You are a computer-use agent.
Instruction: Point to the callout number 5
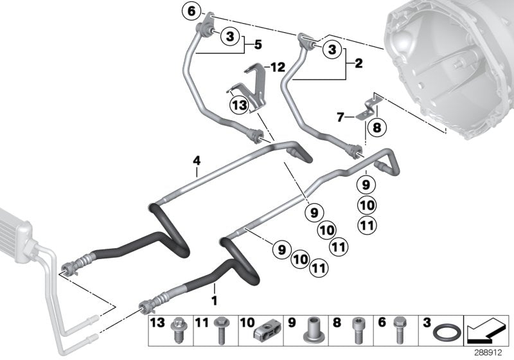pyautogui.click(x=258, y=45)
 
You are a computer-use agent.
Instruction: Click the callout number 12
pyautogui.click(x=277, y=67)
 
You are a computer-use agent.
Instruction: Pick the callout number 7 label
pyautogui.click(x=341, y=117)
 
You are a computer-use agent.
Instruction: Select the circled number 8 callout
pyautogui.click(x=377, y=127)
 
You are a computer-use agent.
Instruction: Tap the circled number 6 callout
pyautogui.click(x=191, y=11)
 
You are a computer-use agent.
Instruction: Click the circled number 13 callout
pyautogui.click(x=240, y=105)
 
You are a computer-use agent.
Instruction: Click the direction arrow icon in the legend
pyautogui.click(x=486, y=330)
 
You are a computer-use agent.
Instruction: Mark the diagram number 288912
pyautogui.click(x=495, y=352)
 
